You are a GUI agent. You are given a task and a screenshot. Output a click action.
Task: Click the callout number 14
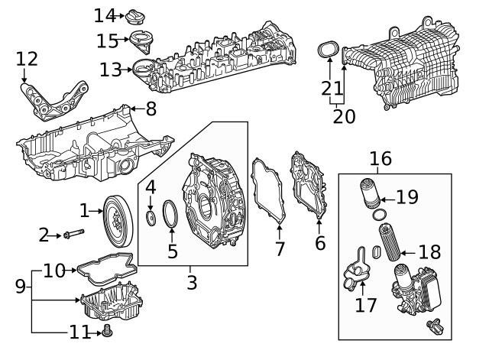point(104,15)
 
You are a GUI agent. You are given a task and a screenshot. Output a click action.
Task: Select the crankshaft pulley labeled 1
point(117,221)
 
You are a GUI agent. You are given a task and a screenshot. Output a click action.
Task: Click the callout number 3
point(191,282)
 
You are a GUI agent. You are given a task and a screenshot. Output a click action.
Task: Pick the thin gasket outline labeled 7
point(268,192)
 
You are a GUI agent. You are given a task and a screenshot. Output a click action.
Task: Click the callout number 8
point(151,109)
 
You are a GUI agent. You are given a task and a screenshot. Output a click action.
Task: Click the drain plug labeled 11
point(106,332)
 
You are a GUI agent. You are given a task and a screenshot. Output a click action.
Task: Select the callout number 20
point(344,116)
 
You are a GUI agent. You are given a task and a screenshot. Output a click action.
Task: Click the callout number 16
point(380,158)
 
